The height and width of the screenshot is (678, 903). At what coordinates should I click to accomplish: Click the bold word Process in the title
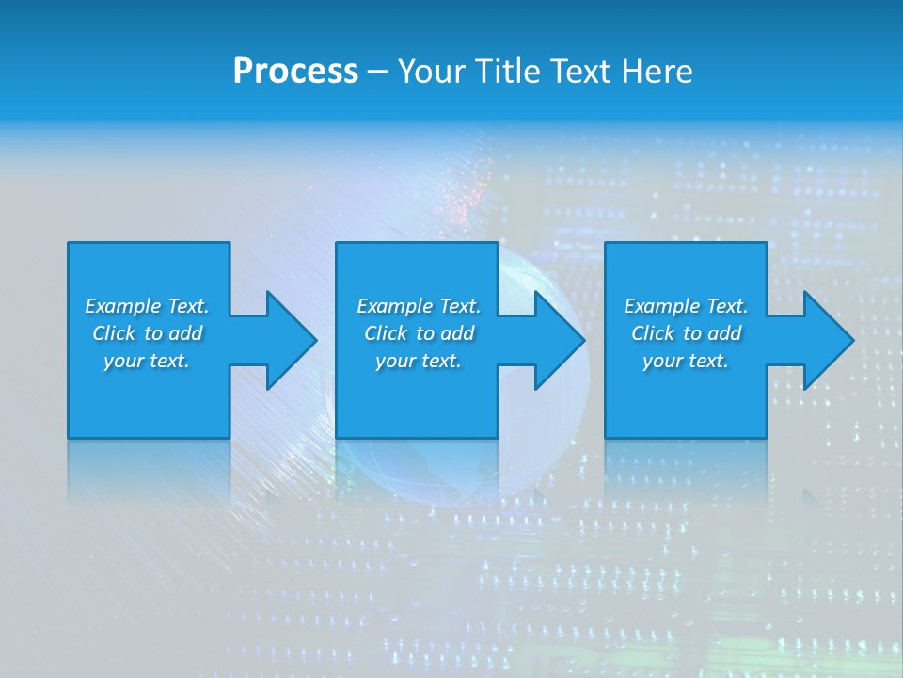(295, 71)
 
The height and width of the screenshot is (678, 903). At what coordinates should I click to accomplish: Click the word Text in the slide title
(579, 71)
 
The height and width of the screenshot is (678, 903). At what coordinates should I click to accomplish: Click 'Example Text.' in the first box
(147, 306)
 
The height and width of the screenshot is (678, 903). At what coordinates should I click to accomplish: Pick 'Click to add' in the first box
(147, 333)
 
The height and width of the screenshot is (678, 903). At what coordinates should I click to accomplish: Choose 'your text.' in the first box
(147, 361)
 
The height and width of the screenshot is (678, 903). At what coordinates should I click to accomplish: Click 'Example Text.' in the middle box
(419, 306)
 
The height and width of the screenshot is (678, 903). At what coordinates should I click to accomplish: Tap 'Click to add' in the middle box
(419, 333)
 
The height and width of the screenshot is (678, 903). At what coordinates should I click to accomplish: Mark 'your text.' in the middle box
(419, 361)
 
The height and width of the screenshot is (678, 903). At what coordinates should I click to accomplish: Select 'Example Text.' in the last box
(686, 306)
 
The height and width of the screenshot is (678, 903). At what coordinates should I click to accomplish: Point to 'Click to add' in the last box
(686, 333)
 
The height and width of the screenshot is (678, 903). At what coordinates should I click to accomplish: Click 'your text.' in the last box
(686, 361)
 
